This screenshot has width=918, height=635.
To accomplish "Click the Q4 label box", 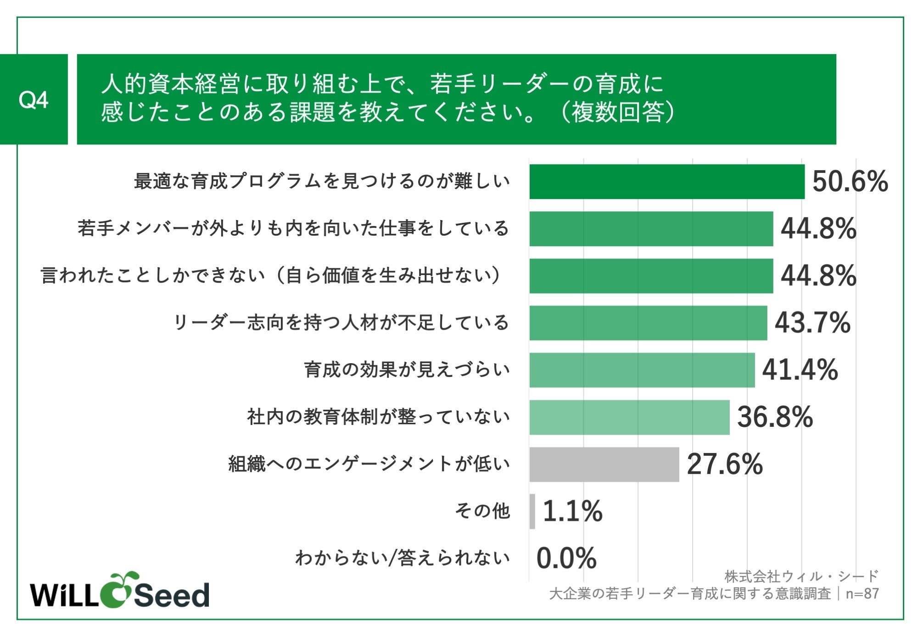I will click(34, 99).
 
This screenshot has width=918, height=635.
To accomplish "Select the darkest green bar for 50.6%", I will click(666, 182).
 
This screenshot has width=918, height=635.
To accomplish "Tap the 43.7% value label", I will click(812, 323).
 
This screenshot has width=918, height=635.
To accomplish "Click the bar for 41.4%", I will click(642, 370).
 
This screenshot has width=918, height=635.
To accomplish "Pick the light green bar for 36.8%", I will click(629, 417).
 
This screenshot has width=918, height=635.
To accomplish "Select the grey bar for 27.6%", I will click(604, 464).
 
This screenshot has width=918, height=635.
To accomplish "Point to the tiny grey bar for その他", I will click(532, 511).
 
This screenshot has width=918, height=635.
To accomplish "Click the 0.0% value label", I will click(566, 558).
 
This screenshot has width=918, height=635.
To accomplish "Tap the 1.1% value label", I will click(572, 511).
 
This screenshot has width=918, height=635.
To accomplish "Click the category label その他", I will click(482, 511).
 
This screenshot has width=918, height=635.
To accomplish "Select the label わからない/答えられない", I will click(403, 558).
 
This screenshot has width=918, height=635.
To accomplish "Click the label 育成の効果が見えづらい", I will click(407, 370).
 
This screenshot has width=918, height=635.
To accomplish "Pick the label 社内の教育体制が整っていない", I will click(378, 417).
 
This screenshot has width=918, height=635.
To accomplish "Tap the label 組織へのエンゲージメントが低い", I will click(369, 464).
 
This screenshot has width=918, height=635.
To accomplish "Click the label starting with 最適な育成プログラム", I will click(322, 181).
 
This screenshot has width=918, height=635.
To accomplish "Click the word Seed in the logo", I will click(171, 595).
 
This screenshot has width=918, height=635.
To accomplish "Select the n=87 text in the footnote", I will click(862, 594).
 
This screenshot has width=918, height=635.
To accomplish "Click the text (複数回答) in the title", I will click(617, 112).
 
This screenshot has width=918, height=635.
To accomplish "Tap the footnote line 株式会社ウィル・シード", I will click(801, 576).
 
